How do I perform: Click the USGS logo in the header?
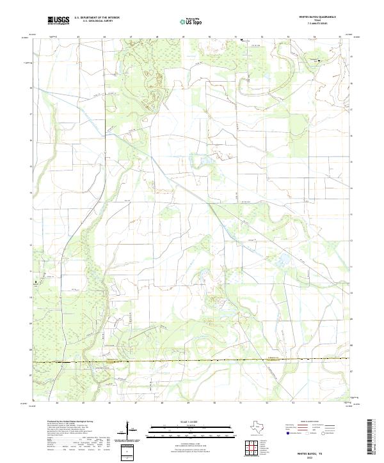click(58, 21)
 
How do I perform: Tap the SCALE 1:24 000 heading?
click(192, 421)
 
